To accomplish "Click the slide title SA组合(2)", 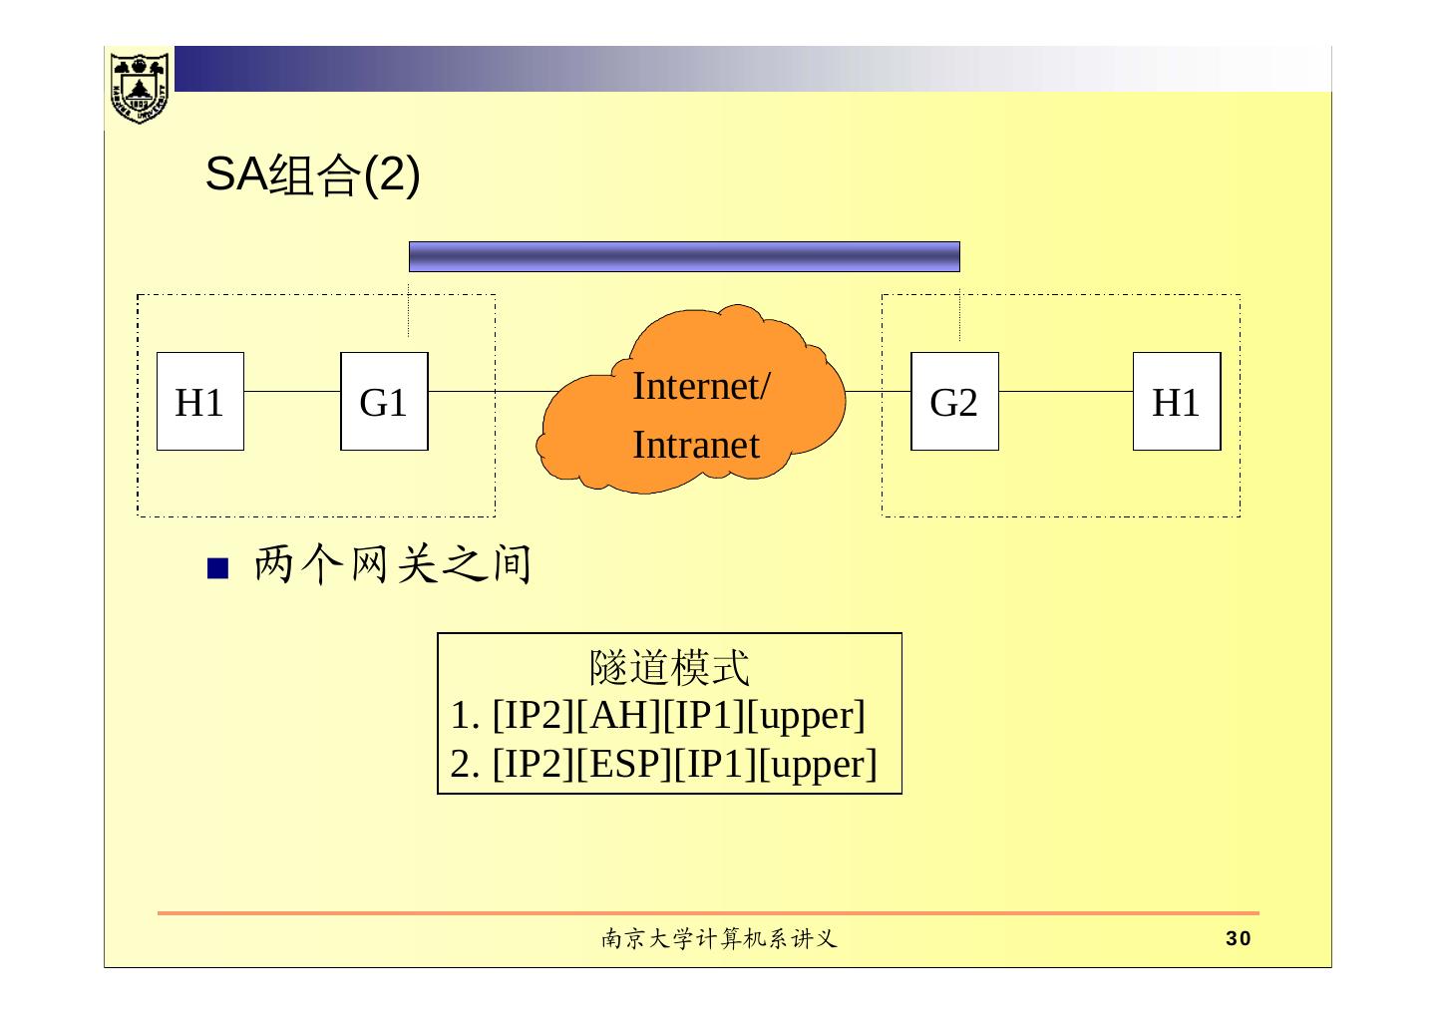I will [x=312, y=176].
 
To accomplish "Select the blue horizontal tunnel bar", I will [x=684, y=256].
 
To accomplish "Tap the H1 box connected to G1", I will [x=200, y=402].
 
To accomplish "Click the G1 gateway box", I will [x=384, y=402].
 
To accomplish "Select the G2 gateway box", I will [x=954, y=402].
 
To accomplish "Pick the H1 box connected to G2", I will [x=1177, y=402].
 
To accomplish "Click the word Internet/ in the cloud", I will [x=700, y=386].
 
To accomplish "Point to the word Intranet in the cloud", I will [x=696, y=445].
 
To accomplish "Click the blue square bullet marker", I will [x=218, y=568].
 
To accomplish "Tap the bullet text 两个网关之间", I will [x=392, y=565].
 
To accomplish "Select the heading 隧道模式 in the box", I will [x=669, y=667].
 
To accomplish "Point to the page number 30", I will [x=1238, y=938].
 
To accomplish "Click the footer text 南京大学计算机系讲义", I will [x=718, y=938].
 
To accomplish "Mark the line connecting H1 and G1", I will [x=292, y=391].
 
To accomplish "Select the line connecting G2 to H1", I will [x=1065, y=391].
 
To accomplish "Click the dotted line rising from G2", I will [x=959, y=316].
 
